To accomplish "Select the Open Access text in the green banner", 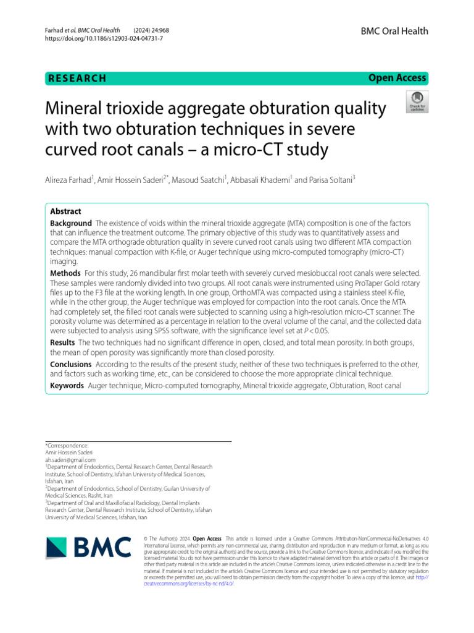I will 397,78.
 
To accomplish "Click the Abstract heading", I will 65,211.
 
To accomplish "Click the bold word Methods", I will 65,273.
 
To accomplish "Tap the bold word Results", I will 63,342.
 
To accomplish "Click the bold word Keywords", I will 67,386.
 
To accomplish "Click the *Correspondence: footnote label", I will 67,445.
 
